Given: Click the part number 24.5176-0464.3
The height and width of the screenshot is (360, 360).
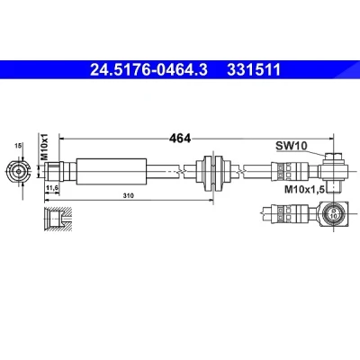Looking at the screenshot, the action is pyautogui.click(x=148, y=70).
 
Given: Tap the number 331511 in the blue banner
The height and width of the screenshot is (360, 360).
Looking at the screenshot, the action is pyautogui.click(x=254, y=70).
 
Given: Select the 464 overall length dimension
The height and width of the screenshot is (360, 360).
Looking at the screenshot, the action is pyautogui.click(x=180, y=139).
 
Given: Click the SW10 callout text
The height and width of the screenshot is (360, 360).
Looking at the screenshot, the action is pyautogui.click(x=292, y=146).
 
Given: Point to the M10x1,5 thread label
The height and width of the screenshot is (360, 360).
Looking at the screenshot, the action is pyautogui.click(x=304, y=189).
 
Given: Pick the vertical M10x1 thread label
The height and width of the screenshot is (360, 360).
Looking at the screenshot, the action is pyautogui.click(x=44, y=147).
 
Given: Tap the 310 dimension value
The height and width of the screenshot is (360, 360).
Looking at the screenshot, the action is pyautogui.click(x=128, y=196).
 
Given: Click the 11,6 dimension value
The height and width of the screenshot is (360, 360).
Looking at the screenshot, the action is pyautogui.click(x=52, y=188).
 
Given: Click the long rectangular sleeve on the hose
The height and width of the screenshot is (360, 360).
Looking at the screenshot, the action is pyautogui.click(x=112, y=171).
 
